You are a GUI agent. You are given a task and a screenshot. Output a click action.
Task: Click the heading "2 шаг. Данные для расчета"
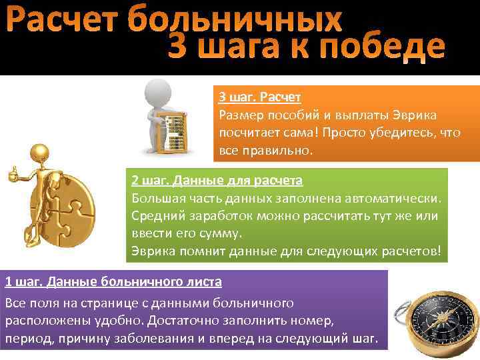coord(217,181)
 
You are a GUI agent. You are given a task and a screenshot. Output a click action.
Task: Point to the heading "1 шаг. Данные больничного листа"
coord(113,281)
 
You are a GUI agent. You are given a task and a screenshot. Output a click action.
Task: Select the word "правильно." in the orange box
coord(276,150)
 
